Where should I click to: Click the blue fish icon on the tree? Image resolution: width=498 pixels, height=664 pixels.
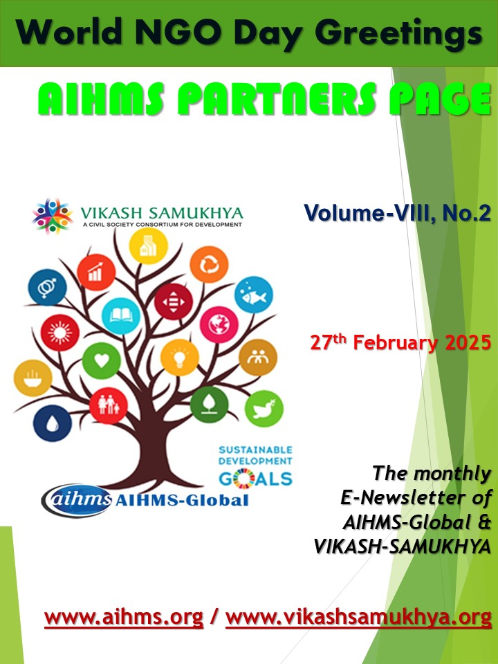pos(254,295)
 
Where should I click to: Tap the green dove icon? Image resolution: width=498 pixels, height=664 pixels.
pos(264,408)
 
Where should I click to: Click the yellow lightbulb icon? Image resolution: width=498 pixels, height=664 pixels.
pos(180,357)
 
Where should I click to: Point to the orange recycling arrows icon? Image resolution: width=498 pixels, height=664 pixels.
pos(209,265)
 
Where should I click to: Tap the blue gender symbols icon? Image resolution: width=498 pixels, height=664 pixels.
pos(47,287)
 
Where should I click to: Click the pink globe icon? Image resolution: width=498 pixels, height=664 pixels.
pos(219,324)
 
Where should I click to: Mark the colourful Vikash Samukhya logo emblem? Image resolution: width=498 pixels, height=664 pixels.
pos(53,216)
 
